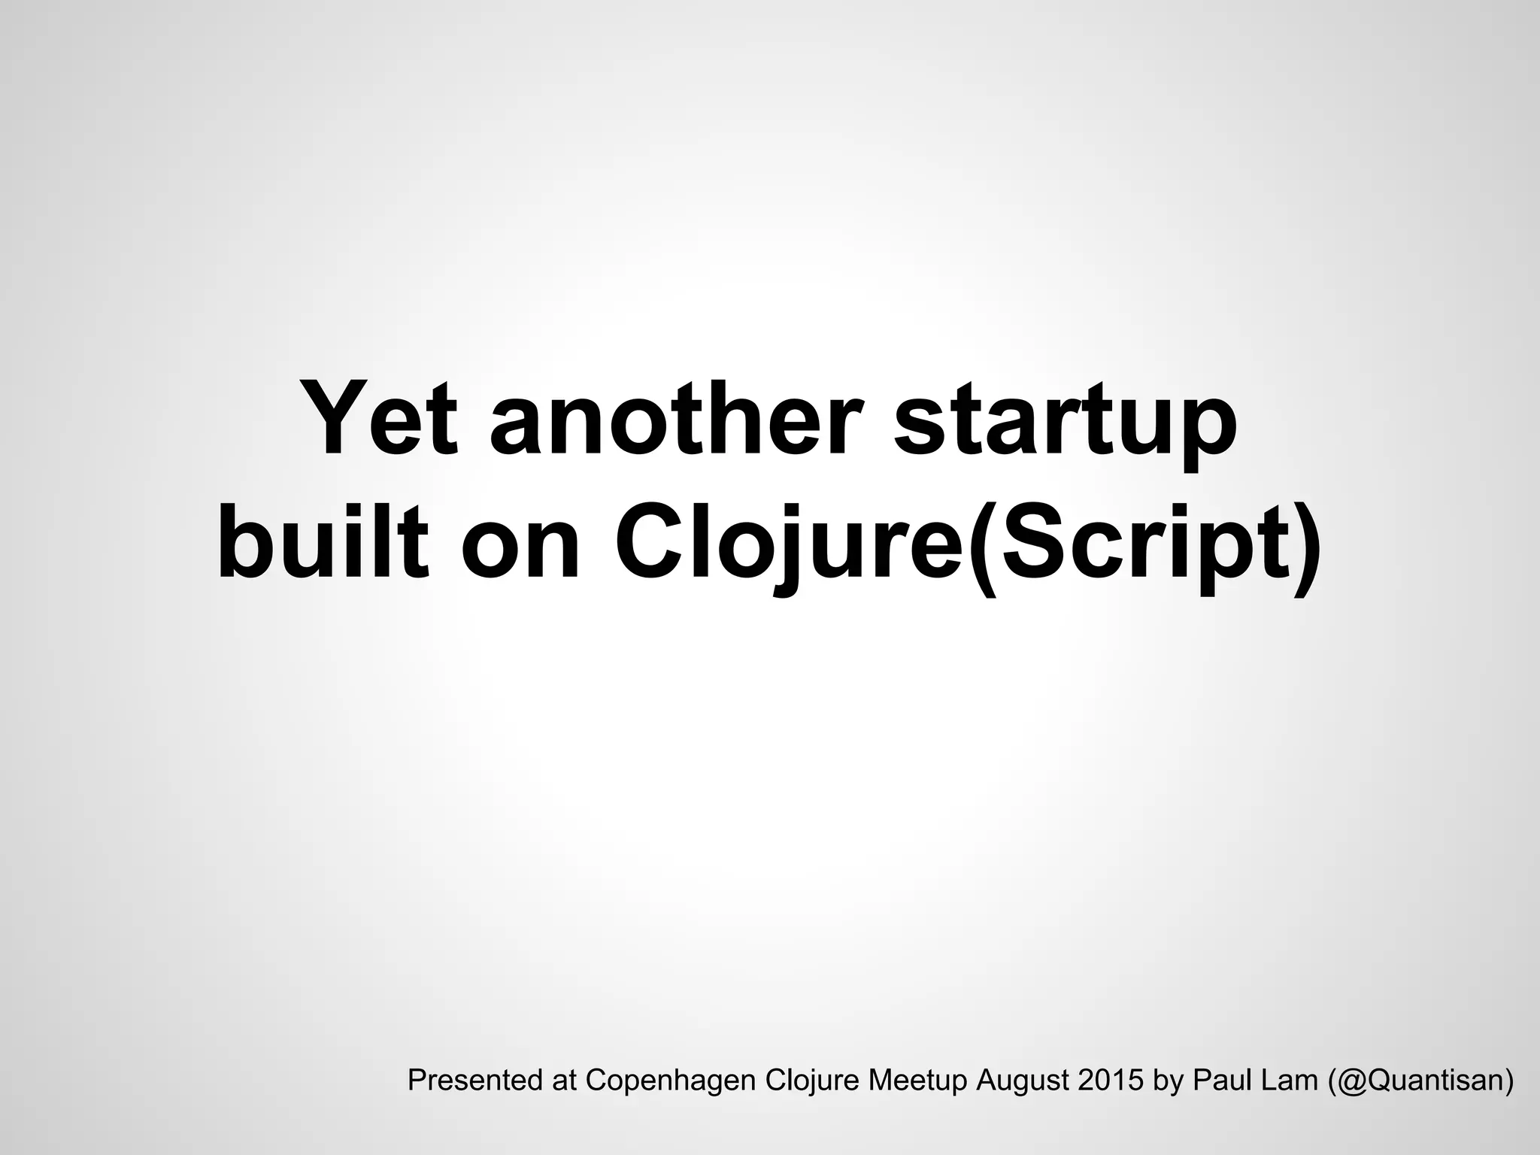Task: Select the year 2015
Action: point(1105,1081)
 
